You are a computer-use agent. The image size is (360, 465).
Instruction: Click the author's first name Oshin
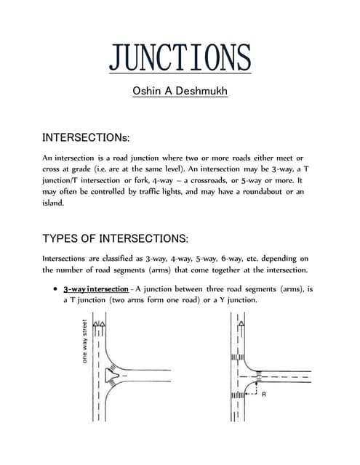[x=149, y=93]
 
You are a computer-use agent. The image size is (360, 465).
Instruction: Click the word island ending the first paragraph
[x=53, y=203]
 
